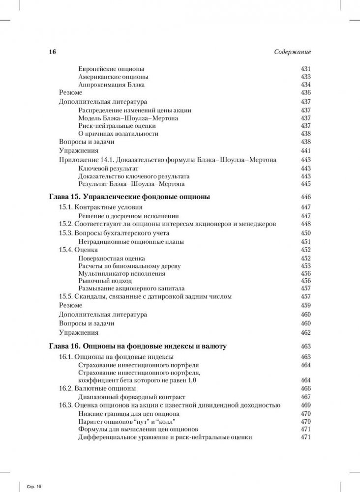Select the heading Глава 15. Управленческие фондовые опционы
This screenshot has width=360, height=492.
130,197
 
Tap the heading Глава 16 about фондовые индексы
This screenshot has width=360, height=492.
138,347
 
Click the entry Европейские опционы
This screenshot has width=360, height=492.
111,69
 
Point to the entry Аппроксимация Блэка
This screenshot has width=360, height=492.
111,85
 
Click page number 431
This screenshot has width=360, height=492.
305,69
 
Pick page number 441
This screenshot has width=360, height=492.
305,151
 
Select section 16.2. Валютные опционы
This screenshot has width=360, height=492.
97,388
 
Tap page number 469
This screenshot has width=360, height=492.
305,405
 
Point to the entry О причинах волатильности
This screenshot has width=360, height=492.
118,133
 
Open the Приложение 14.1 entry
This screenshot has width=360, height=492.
167,160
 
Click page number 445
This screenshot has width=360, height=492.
305,184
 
